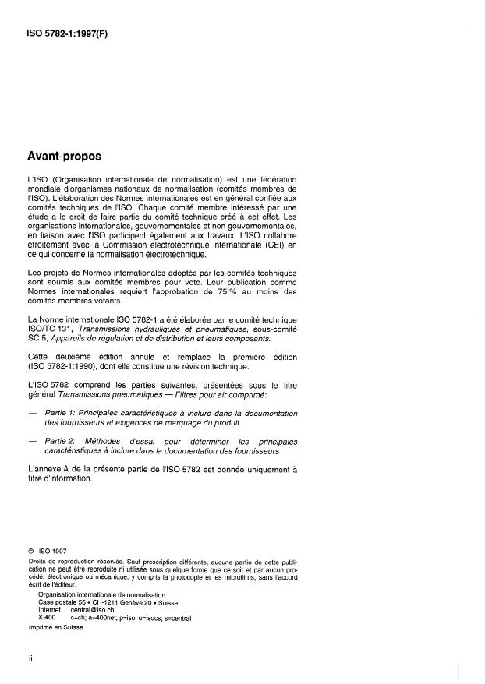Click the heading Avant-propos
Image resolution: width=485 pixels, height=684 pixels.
tap(65, 156)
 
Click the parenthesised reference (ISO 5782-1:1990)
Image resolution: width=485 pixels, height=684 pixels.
tap(65, 367)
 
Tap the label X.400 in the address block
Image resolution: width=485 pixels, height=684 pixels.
tap(48, 620)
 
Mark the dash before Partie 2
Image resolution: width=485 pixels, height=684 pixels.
tap(31, 441)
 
